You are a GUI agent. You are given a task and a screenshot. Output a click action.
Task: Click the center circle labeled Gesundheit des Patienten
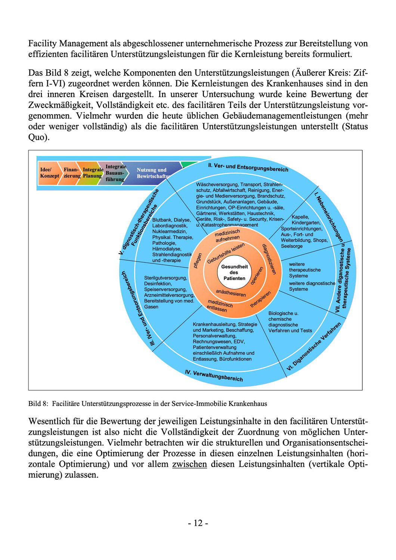[x=234, y=272]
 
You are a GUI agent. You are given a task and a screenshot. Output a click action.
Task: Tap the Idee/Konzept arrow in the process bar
[x=49, y=172]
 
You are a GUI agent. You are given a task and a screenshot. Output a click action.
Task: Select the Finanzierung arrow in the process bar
[x=72, y=172]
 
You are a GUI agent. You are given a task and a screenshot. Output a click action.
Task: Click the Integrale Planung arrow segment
[x=92, y=172]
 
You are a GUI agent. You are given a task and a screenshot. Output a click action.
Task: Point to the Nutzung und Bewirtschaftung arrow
[x=151, y=172]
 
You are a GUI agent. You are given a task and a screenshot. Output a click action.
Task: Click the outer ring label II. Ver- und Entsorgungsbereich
[x=248, y=167]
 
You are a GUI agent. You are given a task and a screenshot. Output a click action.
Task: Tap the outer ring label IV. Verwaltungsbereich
[x=214, y=376]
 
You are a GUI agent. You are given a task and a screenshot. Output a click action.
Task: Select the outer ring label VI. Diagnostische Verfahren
[x=314, y=347]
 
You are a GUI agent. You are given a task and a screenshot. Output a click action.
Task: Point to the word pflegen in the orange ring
[x=198, y=261]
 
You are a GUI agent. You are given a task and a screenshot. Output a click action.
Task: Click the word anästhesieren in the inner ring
[x=231, y=293]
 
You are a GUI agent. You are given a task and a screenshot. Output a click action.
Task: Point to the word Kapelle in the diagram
[x=300, y=217]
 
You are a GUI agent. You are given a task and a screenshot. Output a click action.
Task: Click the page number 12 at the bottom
[x=198, y=523]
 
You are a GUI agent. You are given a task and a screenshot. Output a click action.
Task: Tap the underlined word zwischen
[x=189, y=464]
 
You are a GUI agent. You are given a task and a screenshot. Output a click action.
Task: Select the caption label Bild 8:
[x=38, y=404]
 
